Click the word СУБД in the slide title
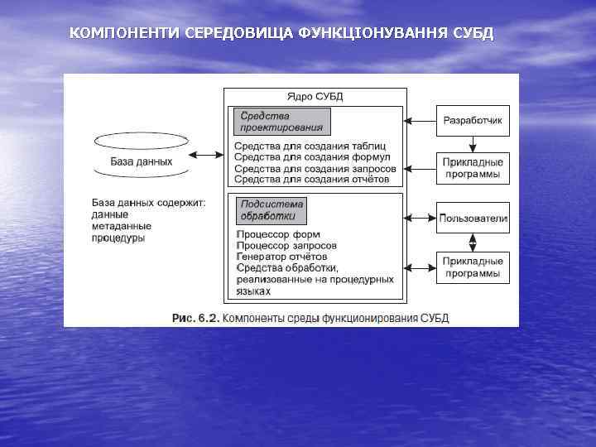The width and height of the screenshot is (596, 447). coord(473,34)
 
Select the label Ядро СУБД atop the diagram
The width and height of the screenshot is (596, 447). coord(315,97)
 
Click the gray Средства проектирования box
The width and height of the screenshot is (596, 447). coord(281,122)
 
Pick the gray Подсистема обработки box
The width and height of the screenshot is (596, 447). coord(271,210)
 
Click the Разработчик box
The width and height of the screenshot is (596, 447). coord(473,122)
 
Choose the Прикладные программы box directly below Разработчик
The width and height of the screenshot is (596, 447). coord(473,168)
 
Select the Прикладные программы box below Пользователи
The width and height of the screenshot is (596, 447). coord(473,267)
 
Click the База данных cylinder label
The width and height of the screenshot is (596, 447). coord(142,161)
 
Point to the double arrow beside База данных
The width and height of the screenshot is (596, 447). coord(205,155)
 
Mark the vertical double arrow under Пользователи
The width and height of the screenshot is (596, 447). coord(473,242)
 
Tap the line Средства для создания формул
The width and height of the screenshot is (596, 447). coord(312,157)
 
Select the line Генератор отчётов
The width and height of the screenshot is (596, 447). coord(281,257)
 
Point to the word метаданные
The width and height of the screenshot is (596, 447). coord(121,226)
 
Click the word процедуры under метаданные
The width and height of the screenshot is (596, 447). coord(118,238)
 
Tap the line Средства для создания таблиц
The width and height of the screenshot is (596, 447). coord(311,146)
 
